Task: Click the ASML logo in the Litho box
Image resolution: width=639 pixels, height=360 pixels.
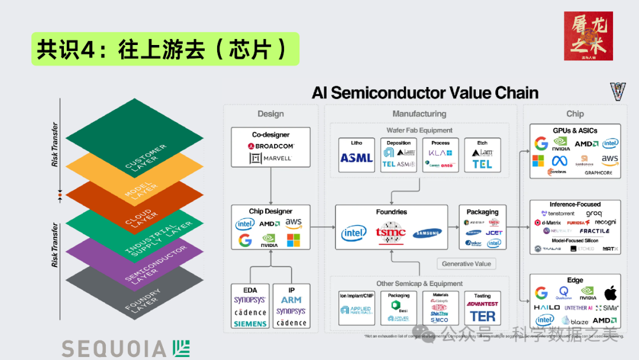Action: pos(356,158)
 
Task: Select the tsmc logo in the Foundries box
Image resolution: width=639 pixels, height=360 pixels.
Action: pos(391,232)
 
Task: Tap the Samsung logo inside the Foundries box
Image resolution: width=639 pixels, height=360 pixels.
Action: pos(427,233)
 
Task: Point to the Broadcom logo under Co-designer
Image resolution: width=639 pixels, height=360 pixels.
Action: pos(270,146)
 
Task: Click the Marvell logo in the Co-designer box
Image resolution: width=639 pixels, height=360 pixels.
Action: pos(270,158)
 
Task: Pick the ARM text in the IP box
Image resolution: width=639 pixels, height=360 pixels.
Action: pos(291,300)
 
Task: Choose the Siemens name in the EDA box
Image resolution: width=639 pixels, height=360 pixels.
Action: pos(250,324)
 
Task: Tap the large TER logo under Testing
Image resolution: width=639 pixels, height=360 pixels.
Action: pos(482,317)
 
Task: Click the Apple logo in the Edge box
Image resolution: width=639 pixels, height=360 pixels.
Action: pos(609,292)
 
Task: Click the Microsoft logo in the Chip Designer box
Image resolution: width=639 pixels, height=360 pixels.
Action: pos(293,240)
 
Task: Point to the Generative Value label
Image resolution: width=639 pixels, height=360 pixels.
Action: pos(466,263)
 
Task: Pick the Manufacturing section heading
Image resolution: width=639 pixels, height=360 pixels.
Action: pos(419,114)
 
